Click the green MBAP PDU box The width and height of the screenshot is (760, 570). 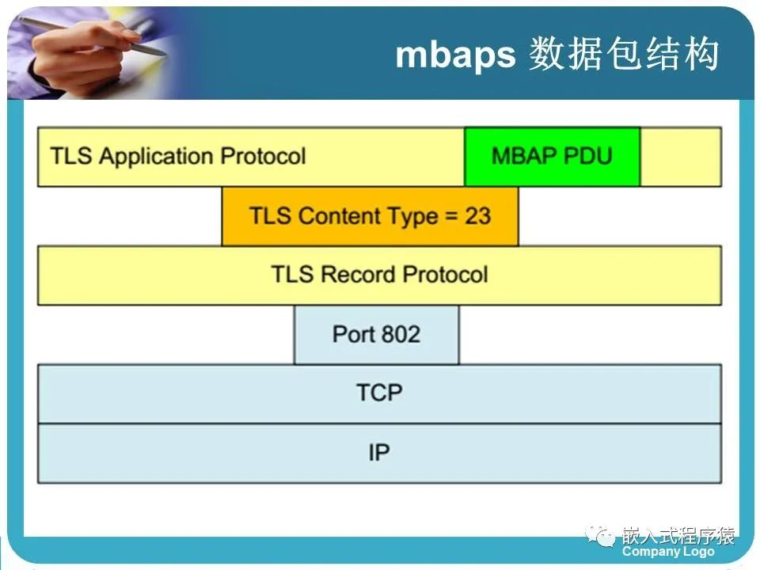pos(552,157)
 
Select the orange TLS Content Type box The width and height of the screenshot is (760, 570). pos(370,216)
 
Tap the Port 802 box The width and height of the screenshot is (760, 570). pos(377,334)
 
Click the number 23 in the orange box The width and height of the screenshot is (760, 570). pos(478,215)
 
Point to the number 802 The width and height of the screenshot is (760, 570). pos(401,334)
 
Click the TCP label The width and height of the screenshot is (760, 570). pos(379,393)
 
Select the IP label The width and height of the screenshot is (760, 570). pos(379,453)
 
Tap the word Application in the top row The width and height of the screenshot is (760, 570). pos(156,156)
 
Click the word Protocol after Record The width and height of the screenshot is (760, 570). pos(445,275)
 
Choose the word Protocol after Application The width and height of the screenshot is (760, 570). pos(263,156)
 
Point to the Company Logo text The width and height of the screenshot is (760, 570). pos(668,552)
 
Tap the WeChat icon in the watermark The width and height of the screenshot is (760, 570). pos(600,536)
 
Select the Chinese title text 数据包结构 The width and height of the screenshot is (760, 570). pos(624,54)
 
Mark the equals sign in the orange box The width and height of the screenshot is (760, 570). pos(451,215)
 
